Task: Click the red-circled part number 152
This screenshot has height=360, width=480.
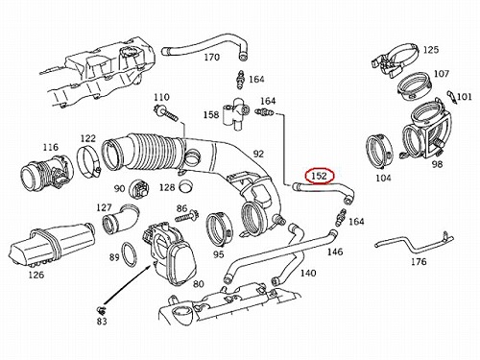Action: click(320, 176)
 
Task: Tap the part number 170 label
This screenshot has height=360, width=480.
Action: click(212, 58)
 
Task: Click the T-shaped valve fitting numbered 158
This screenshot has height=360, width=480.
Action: click(236, 113)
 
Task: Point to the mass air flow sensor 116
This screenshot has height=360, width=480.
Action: click(46, 174)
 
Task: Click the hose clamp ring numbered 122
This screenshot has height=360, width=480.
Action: click(89, 160)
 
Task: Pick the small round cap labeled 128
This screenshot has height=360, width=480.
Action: click(185, 186)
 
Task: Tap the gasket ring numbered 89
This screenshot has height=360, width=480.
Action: click(129, 254)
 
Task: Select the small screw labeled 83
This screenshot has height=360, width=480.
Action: click(102, 309)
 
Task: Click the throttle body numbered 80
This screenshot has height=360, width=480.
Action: click(170, 253)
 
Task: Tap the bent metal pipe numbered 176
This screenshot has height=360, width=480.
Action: click(414, 243)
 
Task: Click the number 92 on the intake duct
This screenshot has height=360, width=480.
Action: click(258, 154)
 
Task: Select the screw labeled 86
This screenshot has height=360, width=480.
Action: click(187, 217)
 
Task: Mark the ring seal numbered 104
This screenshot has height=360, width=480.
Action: click(378, 152)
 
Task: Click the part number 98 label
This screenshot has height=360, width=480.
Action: click(437, 164)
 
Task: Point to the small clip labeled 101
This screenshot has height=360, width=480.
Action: click(451, 96)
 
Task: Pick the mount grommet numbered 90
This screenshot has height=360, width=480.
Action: click(139, 189)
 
